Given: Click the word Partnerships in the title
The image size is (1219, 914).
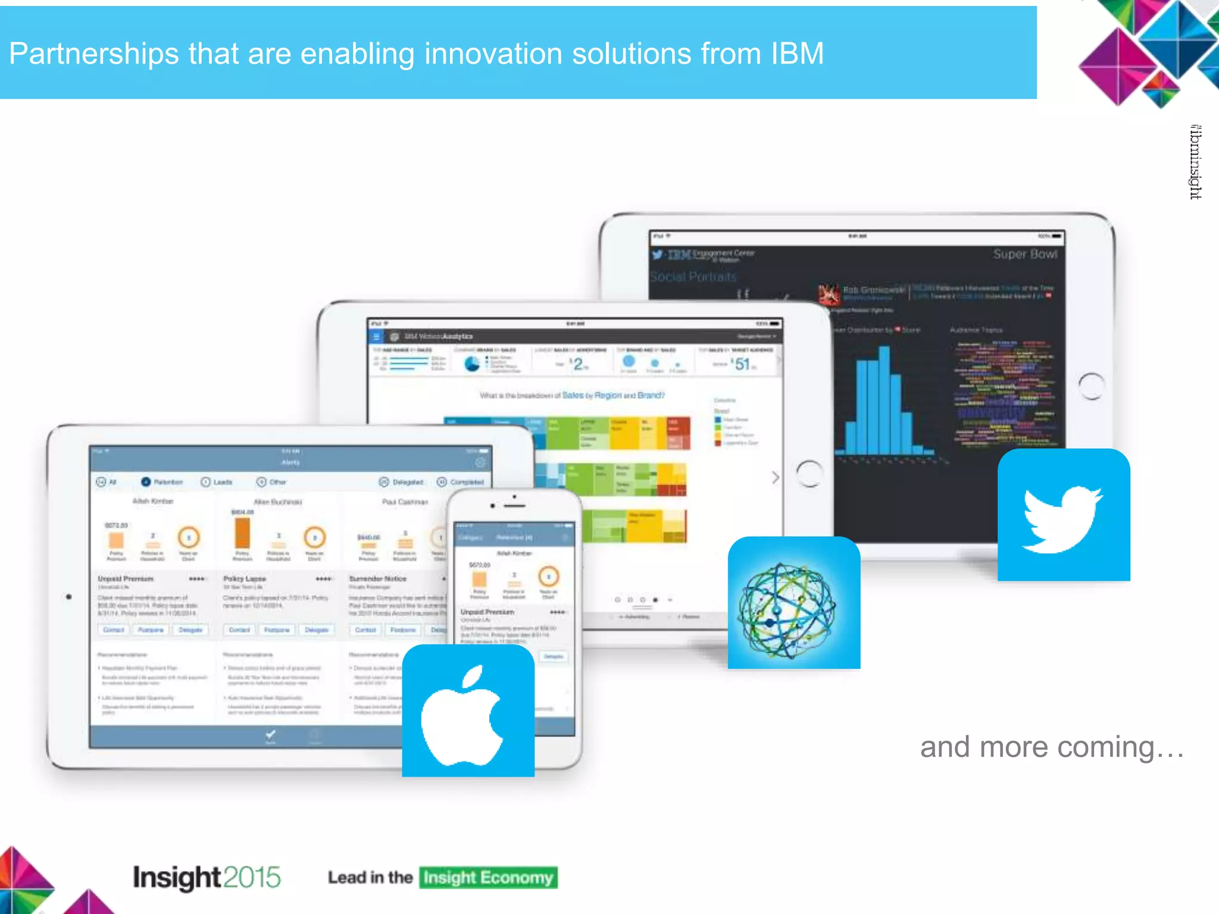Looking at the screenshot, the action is tap(93, 54).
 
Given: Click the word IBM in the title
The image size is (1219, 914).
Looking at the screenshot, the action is tap(797, 54).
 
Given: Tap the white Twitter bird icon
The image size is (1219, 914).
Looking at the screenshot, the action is tap(1063, 518).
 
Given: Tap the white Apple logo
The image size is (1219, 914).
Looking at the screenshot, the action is tap(464, 716).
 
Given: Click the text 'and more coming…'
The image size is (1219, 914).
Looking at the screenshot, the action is tap(1052, 747).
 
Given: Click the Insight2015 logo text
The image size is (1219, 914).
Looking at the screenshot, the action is tap(206, 877).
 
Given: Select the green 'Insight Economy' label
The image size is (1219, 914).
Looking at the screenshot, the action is tap(488, 878).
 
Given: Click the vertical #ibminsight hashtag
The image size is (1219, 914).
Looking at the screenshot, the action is tap(1195, 162).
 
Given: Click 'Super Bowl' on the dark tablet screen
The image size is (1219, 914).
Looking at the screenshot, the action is tap(1025, 254).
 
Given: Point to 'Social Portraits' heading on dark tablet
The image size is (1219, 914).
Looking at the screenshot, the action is tap(693, 277).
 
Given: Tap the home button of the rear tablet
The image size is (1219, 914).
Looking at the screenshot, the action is tap(1091, 386).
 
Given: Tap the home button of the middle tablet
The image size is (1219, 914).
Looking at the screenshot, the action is tap(809, 474).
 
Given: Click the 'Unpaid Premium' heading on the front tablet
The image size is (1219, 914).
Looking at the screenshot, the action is tap(126, 578).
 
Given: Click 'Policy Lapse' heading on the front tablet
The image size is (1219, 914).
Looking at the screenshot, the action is tap(244, 578).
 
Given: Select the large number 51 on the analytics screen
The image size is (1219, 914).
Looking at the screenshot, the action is tap(742, 364).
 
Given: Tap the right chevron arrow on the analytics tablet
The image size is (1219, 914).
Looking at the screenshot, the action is tap(775, 477).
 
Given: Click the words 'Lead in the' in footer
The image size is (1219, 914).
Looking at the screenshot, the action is tap(370, 878).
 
